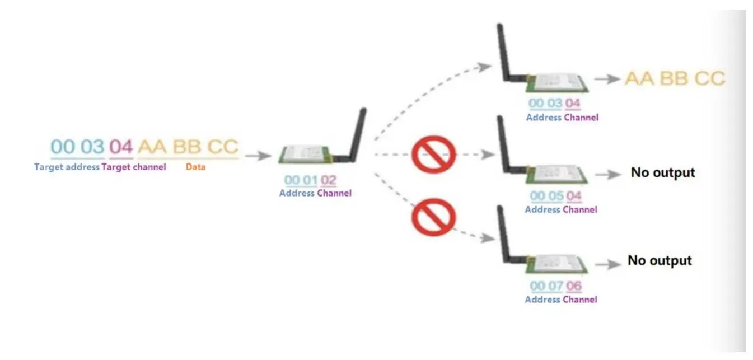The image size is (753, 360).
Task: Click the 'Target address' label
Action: coord(67,167)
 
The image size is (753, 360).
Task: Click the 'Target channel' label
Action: coord(134,167)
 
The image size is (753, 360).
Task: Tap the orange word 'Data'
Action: coord(195,167)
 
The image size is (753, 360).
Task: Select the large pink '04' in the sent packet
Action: coord(121,147)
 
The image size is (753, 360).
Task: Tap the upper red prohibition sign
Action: coord(433,153)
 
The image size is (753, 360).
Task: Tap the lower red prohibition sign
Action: coord(433,217)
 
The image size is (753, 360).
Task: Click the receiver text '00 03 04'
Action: coord(555,104)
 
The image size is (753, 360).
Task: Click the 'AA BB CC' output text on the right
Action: coord(674,78)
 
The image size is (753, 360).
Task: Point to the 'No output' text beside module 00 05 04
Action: coord(662,172)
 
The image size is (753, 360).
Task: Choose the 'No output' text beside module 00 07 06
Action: coord(660,260)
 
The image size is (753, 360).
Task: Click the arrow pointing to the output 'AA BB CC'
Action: coord(606,80)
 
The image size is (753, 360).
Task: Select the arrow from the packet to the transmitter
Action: coord(257,156)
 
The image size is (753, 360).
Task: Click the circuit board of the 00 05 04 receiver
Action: coord(556,174)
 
